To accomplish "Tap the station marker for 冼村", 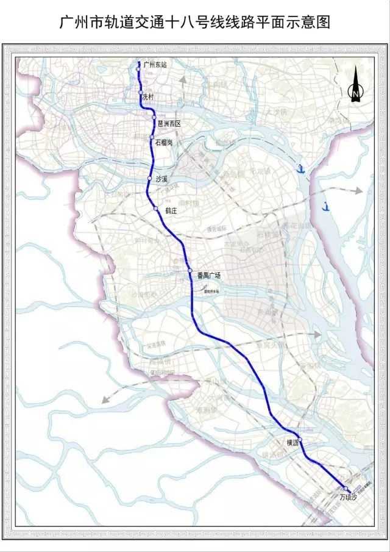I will pyautogui.click(x=141, y=93).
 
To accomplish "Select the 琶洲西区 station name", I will pyautogui.click(x=169, y=124).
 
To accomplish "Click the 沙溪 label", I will pyautogui.click(x=161, y=179).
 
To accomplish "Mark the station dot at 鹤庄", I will pyautogui.click(x=156, y=209).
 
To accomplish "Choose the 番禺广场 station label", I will pyautogui.click(x=208, y=276).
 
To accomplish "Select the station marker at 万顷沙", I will pyautogui.click(x=345, y=489).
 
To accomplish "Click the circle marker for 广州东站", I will pyautogui.click(x=138, y=69).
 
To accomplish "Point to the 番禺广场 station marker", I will pyautogui.click(x=190, y=271).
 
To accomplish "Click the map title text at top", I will pyautogui.click(x=195, y=23).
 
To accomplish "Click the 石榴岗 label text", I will pyautogui.click(x=165, y=143).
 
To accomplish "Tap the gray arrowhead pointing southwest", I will pyautogui.click(x=105, y=401).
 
